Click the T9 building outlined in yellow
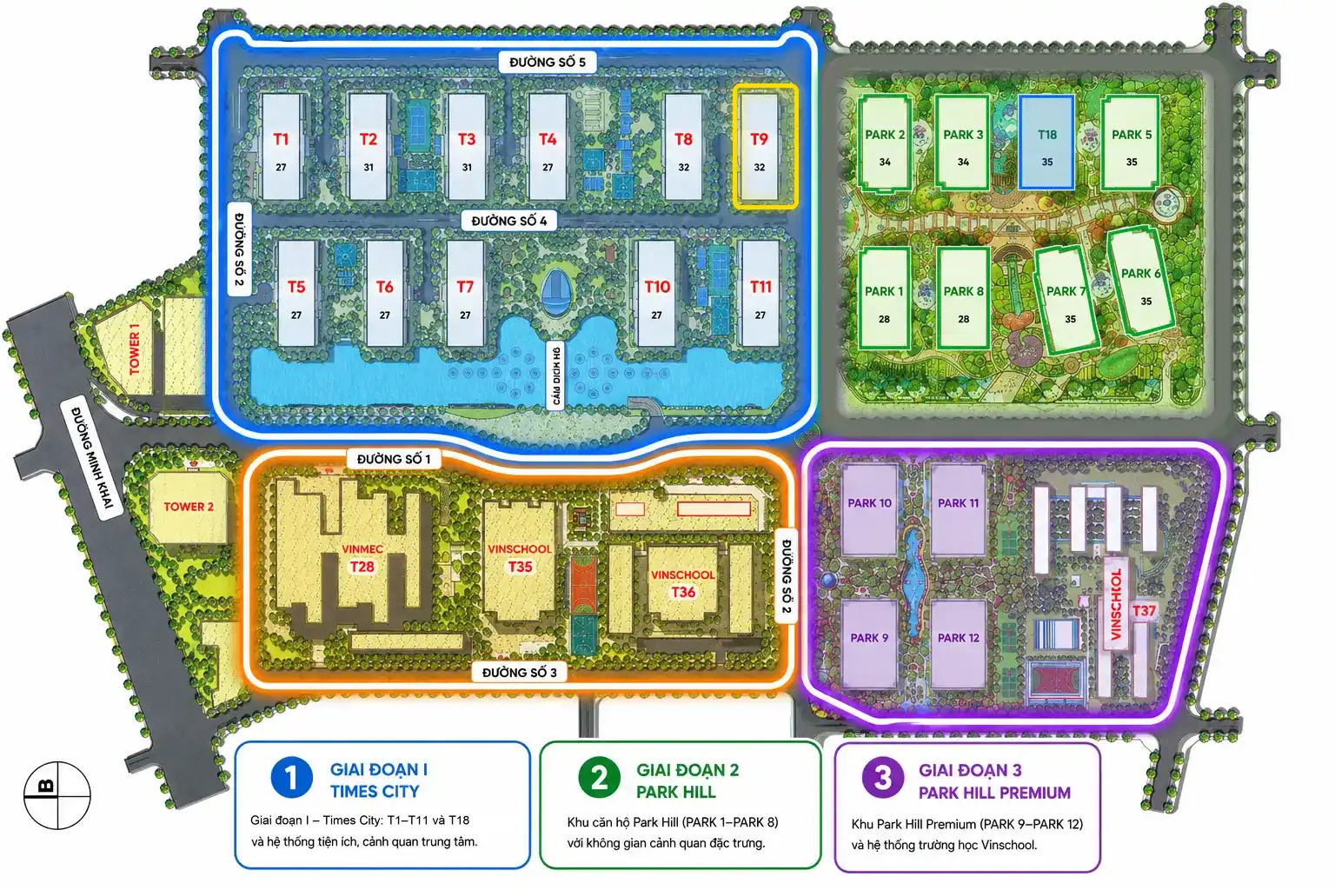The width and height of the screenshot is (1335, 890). [765, 147]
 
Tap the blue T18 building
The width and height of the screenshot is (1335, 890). [1046, 143]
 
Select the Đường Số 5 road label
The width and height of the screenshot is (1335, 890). [547, 62]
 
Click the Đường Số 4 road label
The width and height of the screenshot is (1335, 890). [509, 221]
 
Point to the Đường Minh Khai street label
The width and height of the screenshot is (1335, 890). [92, 458]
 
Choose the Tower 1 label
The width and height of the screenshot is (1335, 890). [135, 349]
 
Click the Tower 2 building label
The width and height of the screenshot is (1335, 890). [189, 507]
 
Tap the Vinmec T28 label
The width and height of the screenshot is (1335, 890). [362, 558]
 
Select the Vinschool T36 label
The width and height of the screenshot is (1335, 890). [683, 583]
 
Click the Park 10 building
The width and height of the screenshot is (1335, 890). [869, 510]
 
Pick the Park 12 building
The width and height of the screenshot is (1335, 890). [959, 644]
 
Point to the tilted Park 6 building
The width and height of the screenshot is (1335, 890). [1140, 282]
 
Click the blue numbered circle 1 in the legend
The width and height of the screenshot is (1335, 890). [291, 778]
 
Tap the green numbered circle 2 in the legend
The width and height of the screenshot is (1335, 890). [599, 778]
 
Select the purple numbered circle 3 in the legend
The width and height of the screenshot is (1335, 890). [883, 777]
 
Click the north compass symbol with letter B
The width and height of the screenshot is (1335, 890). [57, 795]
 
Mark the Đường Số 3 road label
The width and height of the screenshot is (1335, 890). [519, 673]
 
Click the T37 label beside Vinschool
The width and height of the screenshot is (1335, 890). [1144, 610]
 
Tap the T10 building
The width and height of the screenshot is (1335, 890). [656, 293]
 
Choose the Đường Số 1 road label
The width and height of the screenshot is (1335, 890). [394, 459]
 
